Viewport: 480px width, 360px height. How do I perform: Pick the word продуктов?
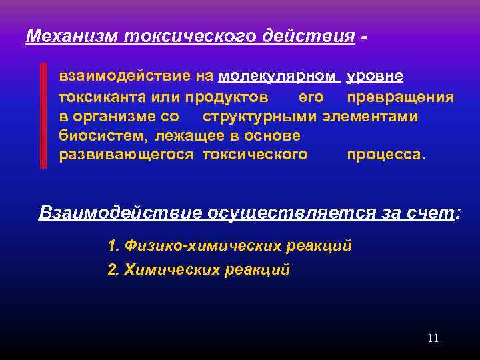227,97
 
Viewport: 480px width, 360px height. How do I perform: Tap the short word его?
311,97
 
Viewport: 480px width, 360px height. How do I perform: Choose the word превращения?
401,97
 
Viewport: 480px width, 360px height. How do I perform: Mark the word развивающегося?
126,155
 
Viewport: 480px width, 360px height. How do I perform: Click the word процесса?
385,155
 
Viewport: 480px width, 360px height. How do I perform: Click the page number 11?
433,339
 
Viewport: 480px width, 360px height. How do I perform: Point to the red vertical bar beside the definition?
43,116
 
